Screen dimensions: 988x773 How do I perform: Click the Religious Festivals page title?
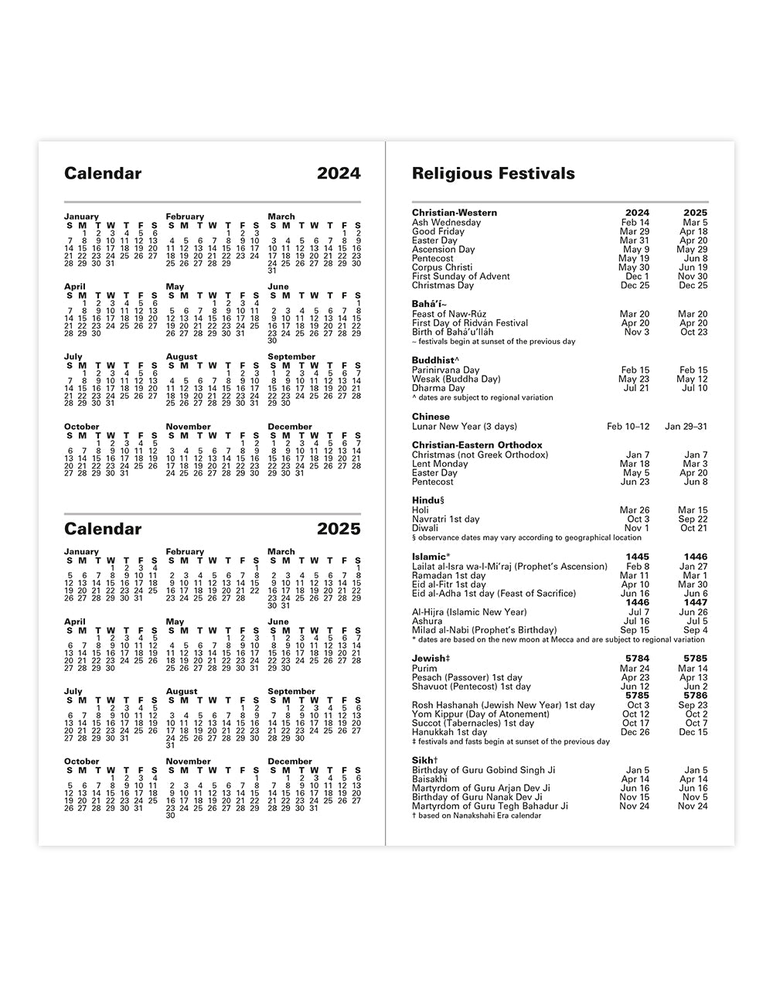tap(493, 173)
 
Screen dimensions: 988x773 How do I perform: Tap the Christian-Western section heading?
tap(455, 213)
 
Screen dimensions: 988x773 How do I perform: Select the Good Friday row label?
tap(438, 231)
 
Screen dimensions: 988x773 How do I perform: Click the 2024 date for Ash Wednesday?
tap(635, 223)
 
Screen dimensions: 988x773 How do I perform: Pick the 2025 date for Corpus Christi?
tap(693, 267)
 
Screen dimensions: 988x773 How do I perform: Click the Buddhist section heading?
tap(435, 360)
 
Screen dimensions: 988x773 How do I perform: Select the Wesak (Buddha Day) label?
tap(456, 380)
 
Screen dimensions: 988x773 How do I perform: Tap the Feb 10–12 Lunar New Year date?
tap(628, 427)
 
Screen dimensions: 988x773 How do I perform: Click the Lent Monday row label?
tap(440, 464)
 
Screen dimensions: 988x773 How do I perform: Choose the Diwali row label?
tap(426, 529)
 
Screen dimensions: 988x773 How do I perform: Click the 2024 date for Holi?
tap(635, 510)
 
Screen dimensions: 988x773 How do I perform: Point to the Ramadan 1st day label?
tap(448, 576)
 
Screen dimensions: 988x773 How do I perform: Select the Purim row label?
tap(424, 669)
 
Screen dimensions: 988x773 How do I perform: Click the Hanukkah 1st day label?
tap(450, 732)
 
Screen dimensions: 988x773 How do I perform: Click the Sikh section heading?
tap(425, 761)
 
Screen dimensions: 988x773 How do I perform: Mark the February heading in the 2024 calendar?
tap(185, 216)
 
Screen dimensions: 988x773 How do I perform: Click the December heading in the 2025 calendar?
tap(290, 761)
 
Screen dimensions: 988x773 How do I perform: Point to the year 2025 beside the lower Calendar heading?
tap(339, 529)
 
